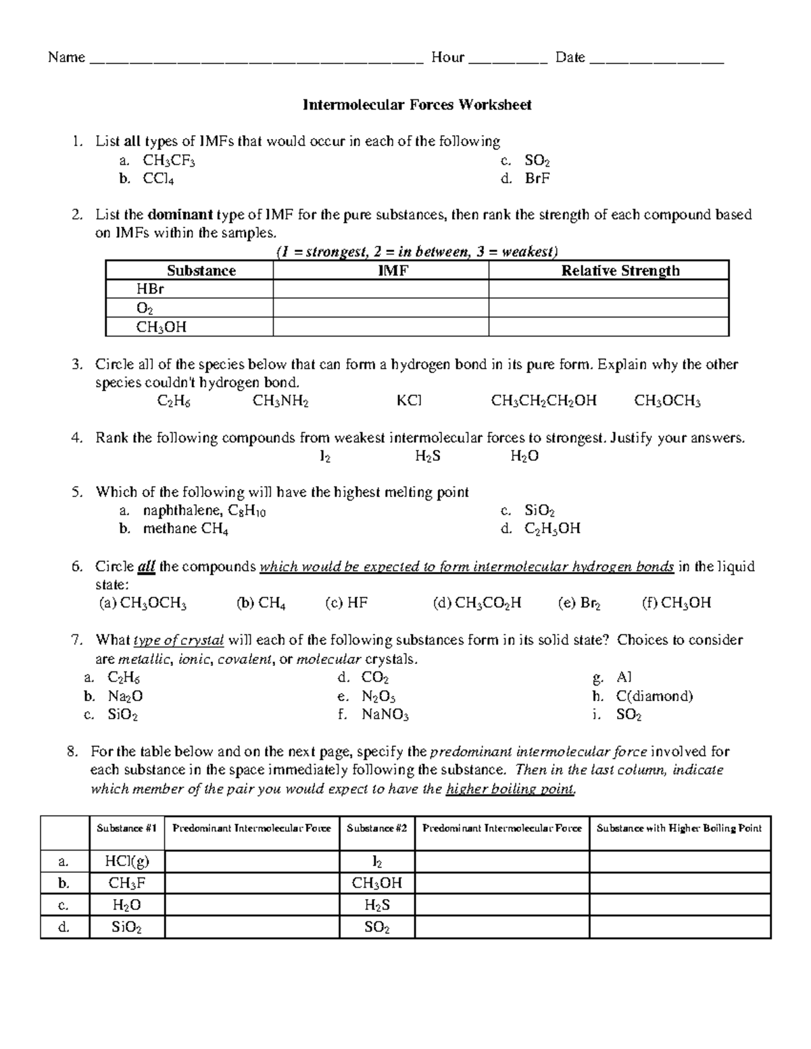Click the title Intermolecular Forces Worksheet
tap(416, 105)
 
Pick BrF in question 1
tap(537, 179)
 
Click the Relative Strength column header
tap(620, 271)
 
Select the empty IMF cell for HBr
tap(380, 290)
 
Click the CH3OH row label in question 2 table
tap(161, 328)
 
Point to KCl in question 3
tap(409, 401)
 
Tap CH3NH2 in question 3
tap(280, 401)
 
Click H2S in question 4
tap(427, 457)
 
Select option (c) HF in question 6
tap(346, 603)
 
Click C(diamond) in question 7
tap(654, 696)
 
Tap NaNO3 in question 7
tap(385, 715)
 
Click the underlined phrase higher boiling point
tap(510, 789)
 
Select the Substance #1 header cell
tap(126, 828)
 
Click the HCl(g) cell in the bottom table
tap(126, 861)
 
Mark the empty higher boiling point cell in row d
tap(679, 927)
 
